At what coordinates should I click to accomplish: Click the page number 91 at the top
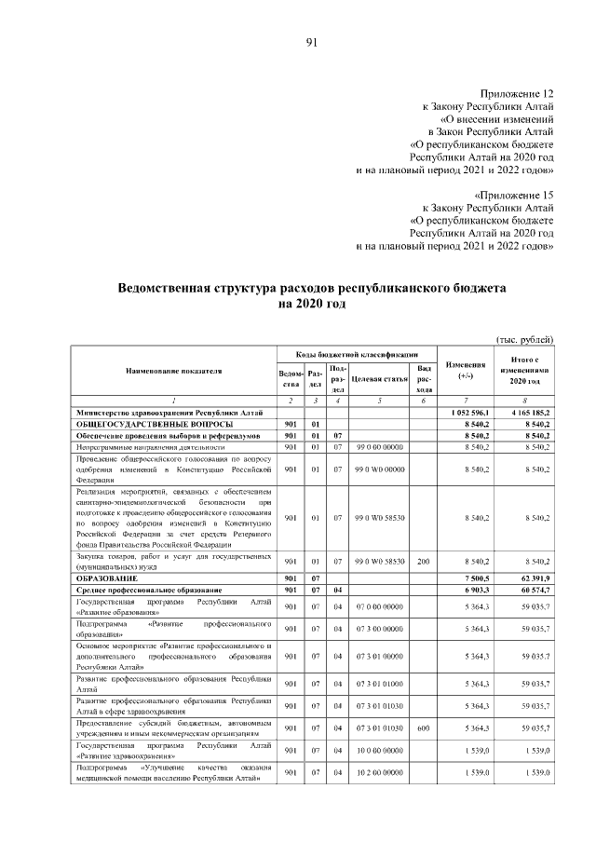coord(311,42)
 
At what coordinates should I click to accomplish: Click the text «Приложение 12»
coord(517,94)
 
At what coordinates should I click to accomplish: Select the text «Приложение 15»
coord(517,195)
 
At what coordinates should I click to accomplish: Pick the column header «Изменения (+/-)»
coord(466,370)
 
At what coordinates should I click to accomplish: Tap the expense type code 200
coord(423,561)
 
